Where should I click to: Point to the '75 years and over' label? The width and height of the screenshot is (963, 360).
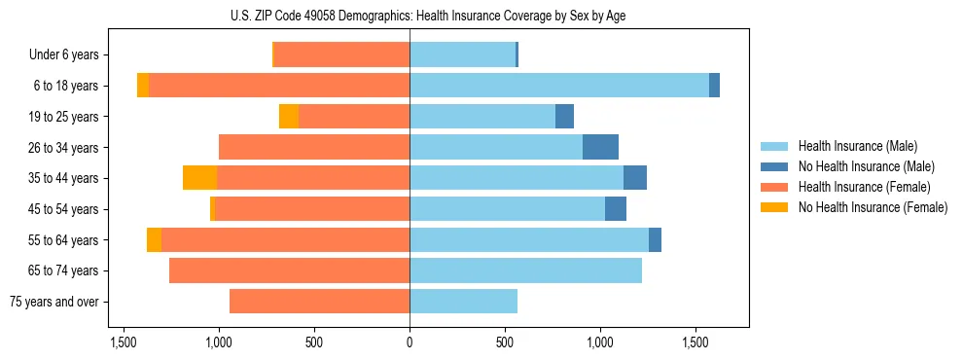point(53,302)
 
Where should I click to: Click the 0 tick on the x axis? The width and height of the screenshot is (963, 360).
point(410,343)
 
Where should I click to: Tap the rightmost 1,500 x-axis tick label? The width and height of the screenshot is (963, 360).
point(695,343)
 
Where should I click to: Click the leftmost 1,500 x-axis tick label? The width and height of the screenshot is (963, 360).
point(124,343)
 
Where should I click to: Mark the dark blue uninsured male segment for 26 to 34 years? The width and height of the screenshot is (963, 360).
point(600,147)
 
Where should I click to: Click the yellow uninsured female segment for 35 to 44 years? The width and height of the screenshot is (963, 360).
point(199,178)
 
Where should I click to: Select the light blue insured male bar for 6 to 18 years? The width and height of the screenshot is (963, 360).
point(559,86)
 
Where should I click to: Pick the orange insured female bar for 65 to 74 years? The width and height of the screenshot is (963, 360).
point(289,270)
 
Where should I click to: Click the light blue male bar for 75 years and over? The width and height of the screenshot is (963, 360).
point(463,302)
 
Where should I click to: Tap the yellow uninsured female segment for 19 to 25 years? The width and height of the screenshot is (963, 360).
point(289,117)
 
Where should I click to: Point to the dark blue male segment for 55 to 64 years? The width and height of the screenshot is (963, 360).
point(655,239)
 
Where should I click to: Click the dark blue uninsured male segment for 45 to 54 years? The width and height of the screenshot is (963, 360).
point(616,209)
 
